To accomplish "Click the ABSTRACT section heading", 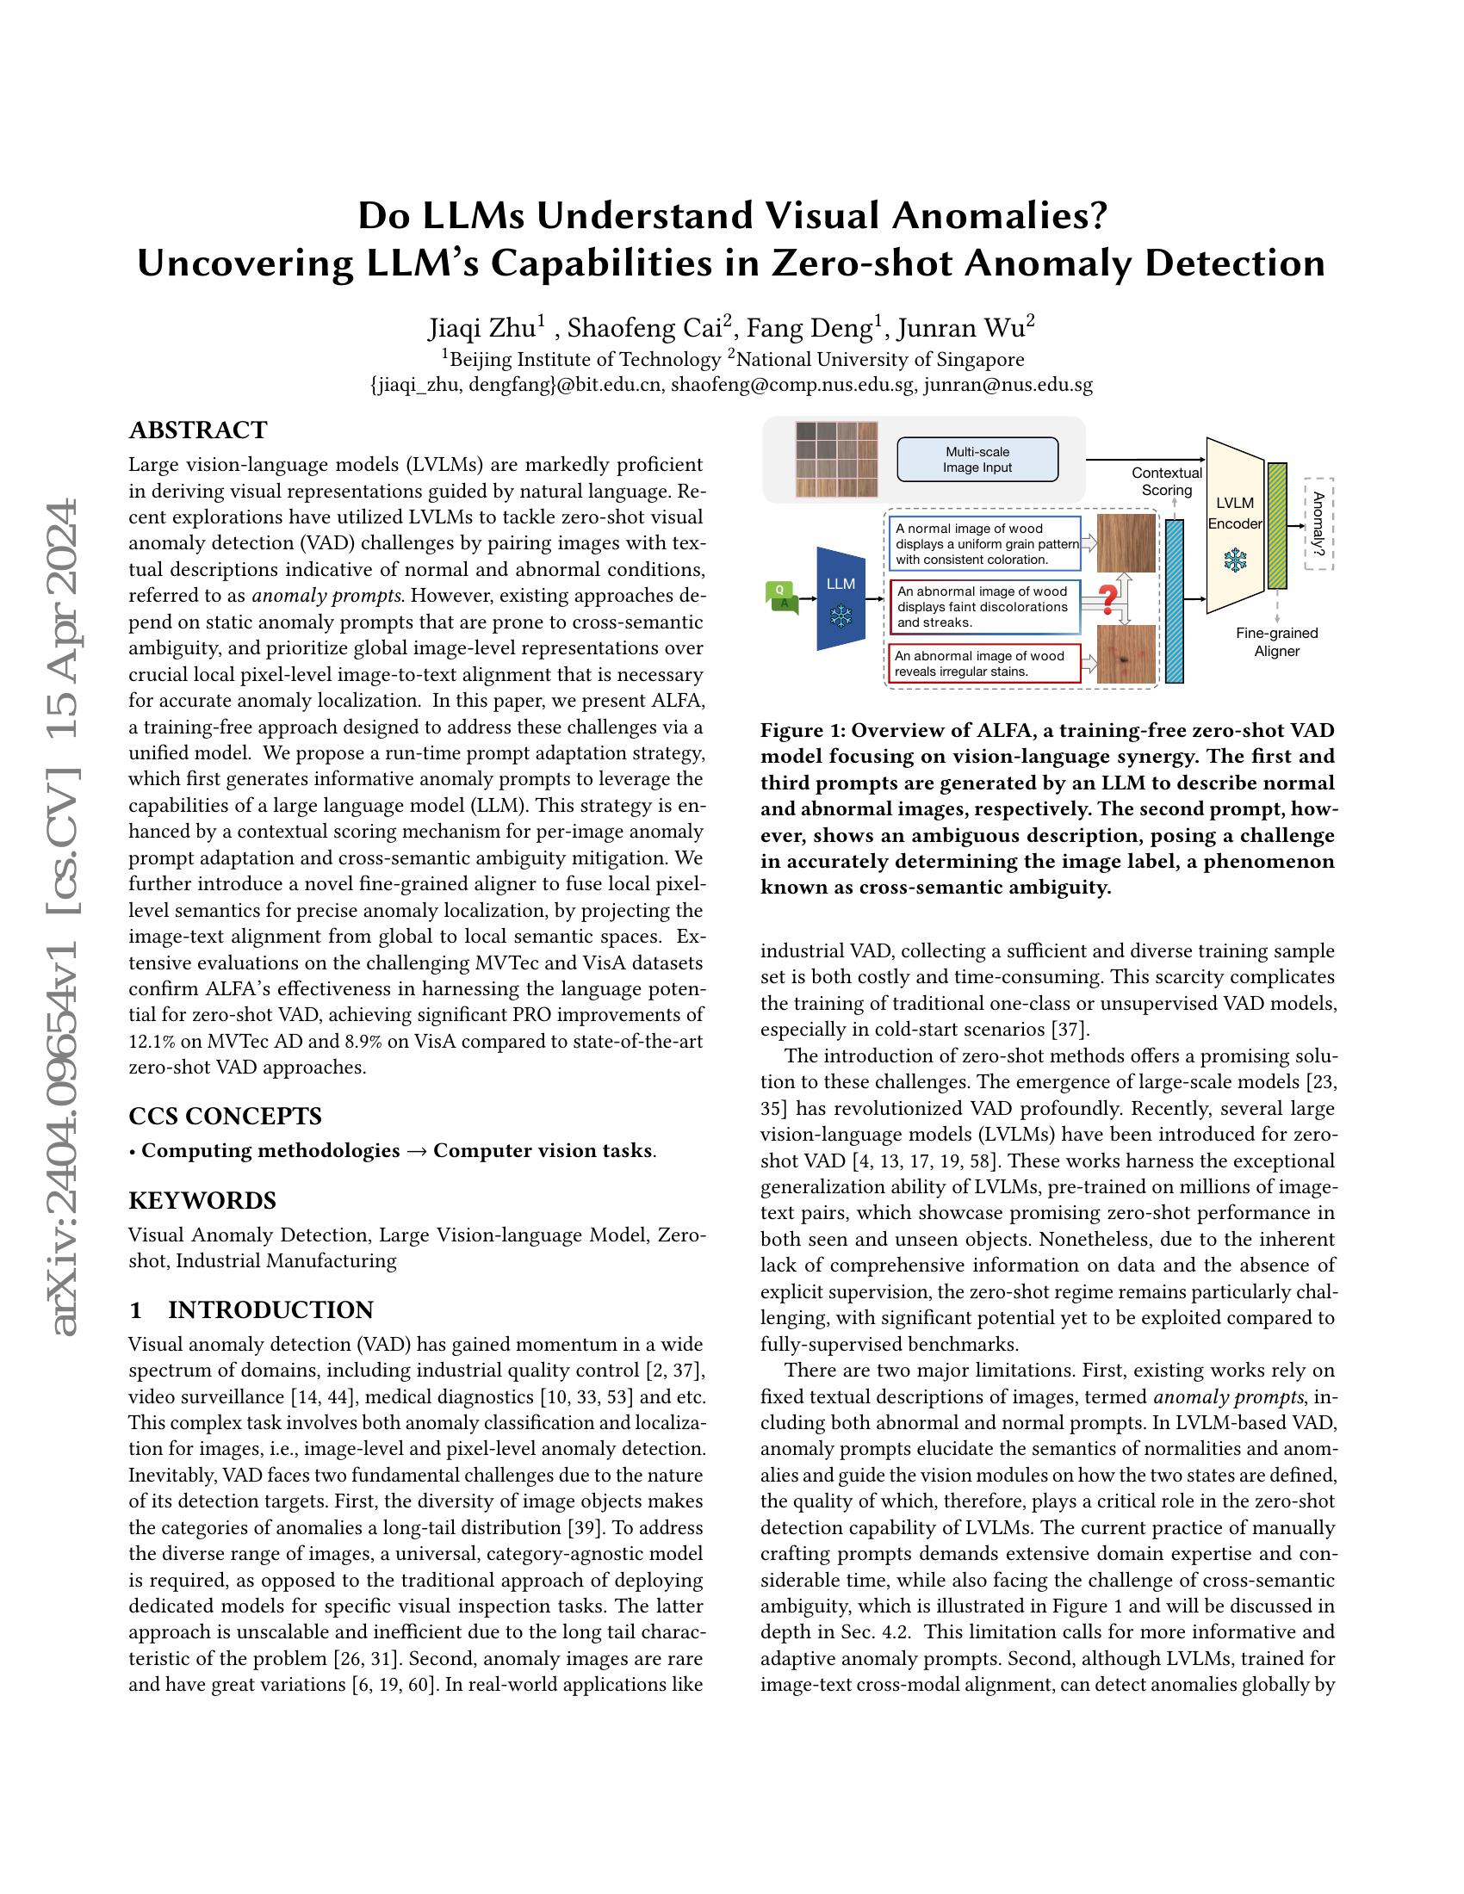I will click(198, 430).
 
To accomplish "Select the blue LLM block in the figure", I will click(841, 598).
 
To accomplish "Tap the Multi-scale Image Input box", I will click(977, 460).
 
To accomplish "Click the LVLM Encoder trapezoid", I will click(1235, 525).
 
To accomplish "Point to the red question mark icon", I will click(1107, 600).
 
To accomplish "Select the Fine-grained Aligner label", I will click(1276, 641).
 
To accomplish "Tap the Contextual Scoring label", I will click(1167, 481).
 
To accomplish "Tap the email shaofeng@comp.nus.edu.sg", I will click(792, 385).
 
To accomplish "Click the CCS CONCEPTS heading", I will click(225, 1115).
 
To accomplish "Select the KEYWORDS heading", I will click(202, 1200).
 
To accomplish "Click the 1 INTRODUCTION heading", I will click(251, 1309).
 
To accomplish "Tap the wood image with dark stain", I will click(1126, 655).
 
